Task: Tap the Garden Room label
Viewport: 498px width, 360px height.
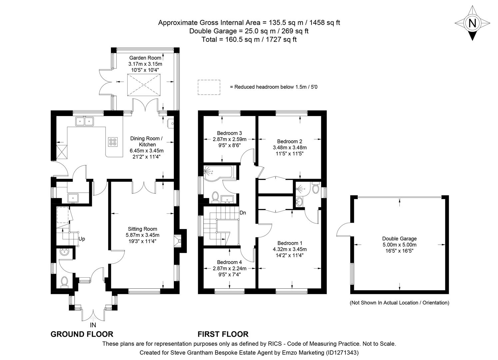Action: (145, 58)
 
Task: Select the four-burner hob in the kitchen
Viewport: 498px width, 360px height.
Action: (113, 142)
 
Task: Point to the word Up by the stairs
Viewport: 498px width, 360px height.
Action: (82, 239)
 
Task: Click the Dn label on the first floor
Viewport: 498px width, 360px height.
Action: (243, 212)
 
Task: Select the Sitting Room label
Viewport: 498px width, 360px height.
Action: (142, 229)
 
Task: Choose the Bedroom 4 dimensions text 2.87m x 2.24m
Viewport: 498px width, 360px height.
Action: (230, 268)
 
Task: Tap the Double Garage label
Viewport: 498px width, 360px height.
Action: (399, 238)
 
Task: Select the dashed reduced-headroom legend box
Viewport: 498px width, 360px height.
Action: (209, 87)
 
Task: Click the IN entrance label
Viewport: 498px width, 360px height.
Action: (93, 325)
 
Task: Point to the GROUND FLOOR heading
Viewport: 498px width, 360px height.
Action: (82, 334)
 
